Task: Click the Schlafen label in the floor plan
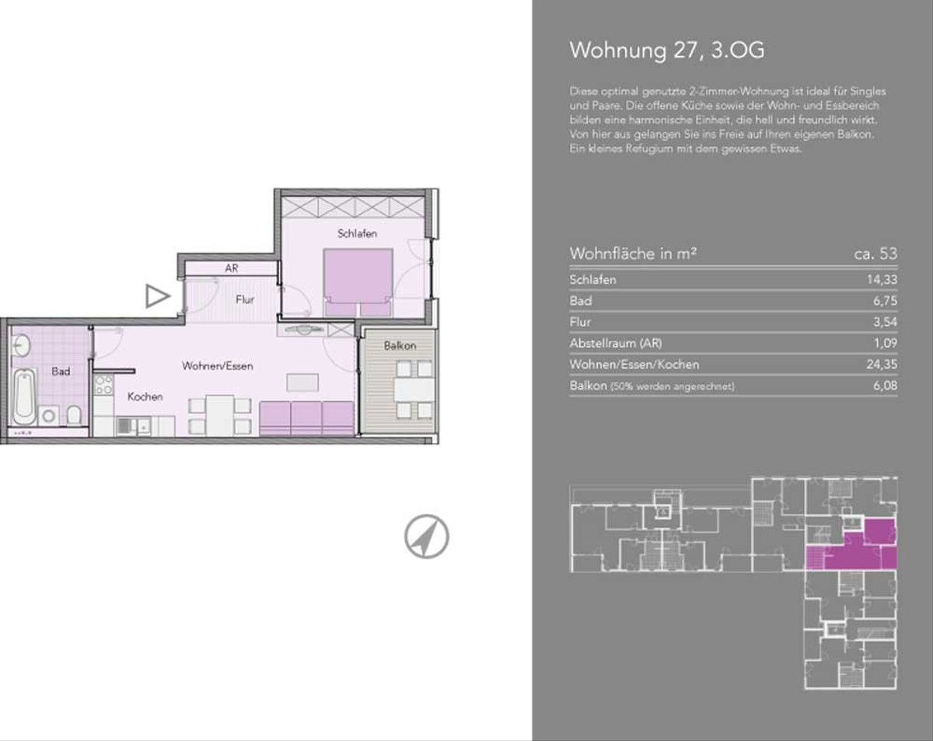click(357, 234)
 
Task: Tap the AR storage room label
click(232, 268)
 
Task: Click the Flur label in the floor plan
click(244, 299)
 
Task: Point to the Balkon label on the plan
click(400, 346)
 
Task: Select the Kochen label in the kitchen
click(145, 397)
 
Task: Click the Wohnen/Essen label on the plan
click(217, 366)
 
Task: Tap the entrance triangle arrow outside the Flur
click(157, 296)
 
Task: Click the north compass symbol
click(427, 537)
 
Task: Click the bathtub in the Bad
click(25, 397)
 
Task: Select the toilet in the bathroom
click(74, 415)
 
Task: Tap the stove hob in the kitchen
click(103, 386)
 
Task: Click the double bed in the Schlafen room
click(358, 282)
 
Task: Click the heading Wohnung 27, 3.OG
click(667, 51)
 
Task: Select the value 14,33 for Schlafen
click(882, 280)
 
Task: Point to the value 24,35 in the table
click(882, 364)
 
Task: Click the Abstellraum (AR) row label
click(616, 344)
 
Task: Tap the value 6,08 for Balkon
click(886, 386)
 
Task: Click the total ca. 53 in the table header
click(875, 253)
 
